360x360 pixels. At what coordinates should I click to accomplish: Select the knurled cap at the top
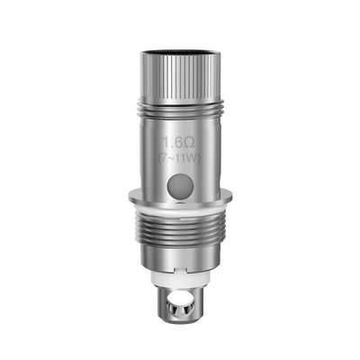(180, 58)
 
